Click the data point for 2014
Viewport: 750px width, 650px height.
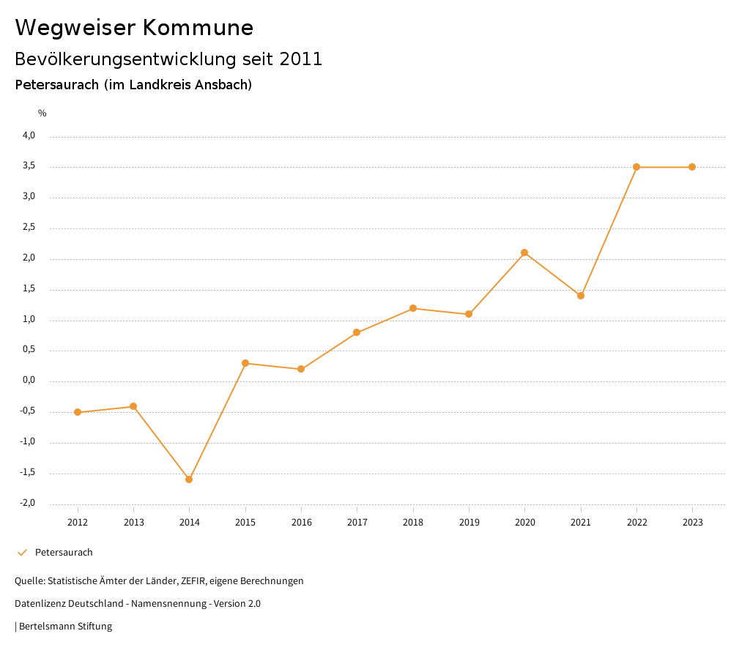189,479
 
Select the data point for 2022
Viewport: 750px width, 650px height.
636,167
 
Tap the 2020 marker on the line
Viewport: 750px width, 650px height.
524,253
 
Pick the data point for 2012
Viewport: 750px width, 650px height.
78,412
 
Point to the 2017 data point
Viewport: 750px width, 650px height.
357,332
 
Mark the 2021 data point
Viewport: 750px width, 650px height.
581,296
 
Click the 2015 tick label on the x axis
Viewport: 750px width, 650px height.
245,522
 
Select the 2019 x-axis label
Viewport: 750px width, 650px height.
469,522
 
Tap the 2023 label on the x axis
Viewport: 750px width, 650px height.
693,522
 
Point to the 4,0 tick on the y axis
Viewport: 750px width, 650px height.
29,135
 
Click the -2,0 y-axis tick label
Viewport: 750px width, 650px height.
28,503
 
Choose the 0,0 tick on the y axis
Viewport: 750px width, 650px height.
29,381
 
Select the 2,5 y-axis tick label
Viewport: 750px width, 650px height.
29,228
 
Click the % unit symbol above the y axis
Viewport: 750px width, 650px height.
42,113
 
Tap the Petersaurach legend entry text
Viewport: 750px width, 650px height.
64,553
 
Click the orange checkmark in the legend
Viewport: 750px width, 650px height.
22,553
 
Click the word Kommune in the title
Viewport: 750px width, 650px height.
198,28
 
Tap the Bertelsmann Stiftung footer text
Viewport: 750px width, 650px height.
65,627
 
